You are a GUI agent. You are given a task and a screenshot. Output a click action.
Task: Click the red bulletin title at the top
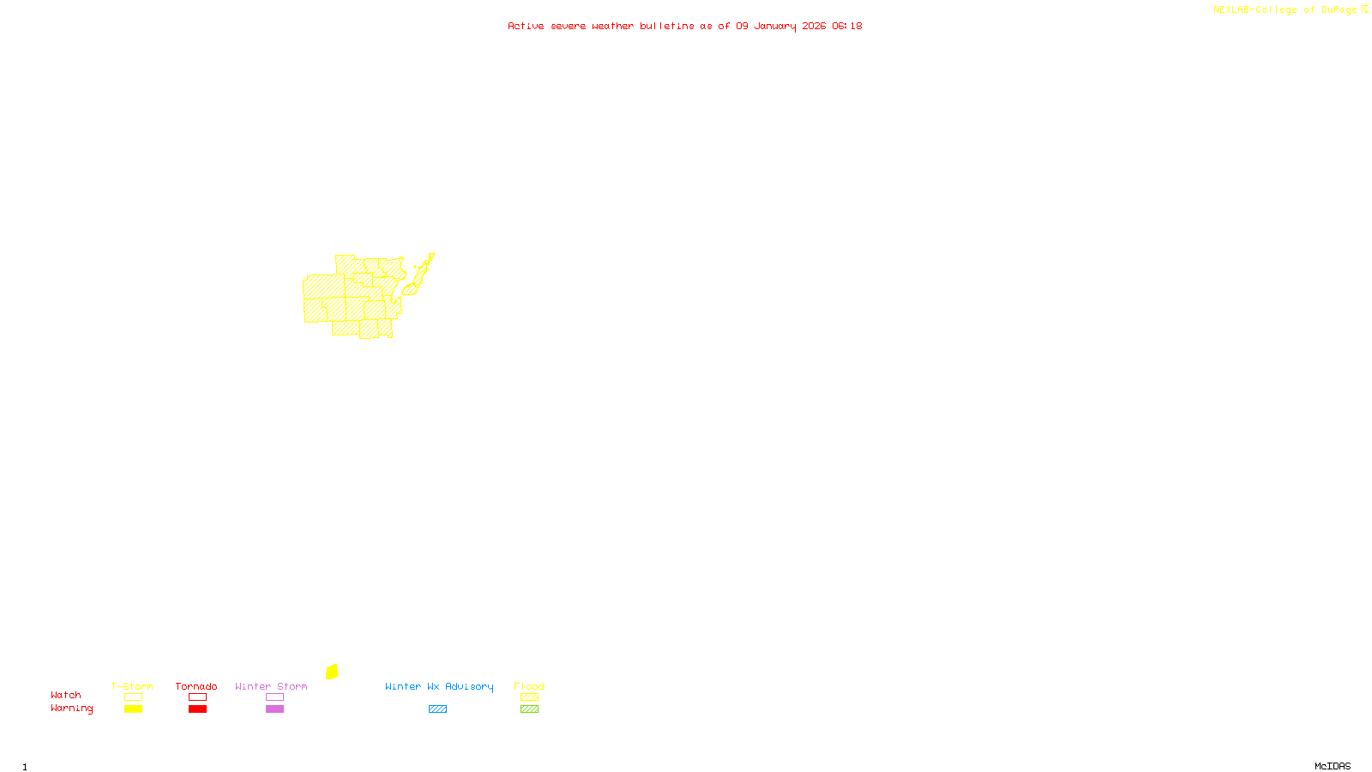tap(684, 26)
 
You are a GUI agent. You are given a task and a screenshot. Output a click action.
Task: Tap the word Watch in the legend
tap(66, 695)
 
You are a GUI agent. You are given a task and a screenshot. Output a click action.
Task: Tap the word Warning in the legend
tap(71, 709)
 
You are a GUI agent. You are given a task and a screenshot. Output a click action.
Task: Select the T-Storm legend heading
tap(132, 686)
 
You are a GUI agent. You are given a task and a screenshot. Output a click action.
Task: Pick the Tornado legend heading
tap(196, 686)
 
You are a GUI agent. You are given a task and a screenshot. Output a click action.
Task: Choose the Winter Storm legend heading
tap(271, 686)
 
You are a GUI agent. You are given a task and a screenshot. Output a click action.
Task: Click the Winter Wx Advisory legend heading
tap(439, 686)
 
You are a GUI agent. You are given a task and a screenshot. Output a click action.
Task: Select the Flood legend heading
tap(529, 686)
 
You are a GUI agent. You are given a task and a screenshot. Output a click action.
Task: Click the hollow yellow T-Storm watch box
tap(133, 697)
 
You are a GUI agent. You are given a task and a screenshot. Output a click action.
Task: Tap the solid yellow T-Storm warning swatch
tap(133, 709)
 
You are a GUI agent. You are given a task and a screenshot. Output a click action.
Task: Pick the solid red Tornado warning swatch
tap(197, 709)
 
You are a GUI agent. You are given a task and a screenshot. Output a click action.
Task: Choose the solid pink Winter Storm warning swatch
tap(274, 709)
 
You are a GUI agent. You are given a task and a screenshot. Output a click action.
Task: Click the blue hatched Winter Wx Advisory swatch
tap(437, 709)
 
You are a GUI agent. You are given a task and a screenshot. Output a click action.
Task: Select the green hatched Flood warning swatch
tap(529, 709)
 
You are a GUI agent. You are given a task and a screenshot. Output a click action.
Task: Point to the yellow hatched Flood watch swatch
tap(529, 697)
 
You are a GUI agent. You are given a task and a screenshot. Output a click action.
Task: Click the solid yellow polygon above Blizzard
tap(332, 672)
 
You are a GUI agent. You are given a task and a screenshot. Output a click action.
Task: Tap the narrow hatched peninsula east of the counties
tap(422, 272)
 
